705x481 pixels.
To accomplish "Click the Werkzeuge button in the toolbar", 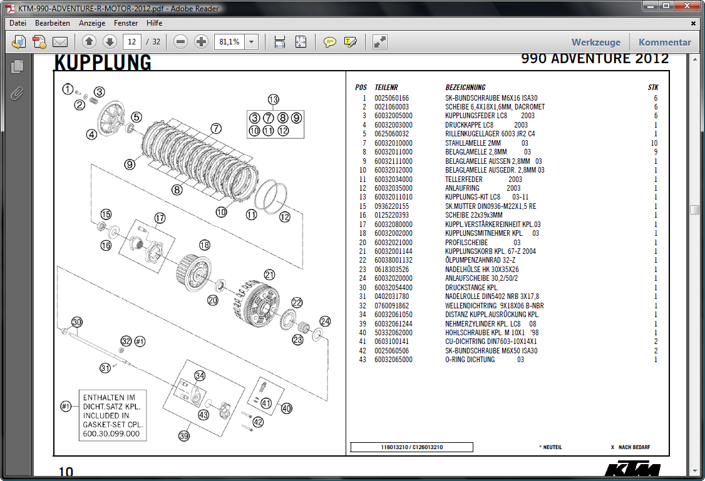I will pyautogui.click(x=595, y=43).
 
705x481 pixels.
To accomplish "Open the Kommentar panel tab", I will pyautogui.click(x=664, y=43).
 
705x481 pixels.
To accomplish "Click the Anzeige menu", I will pyautogui.click(x=92, y=23).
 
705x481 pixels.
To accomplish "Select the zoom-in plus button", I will pyautogui.click(x=201, y=42).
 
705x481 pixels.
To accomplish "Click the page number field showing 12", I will pyautogui.click(x=131, y=42).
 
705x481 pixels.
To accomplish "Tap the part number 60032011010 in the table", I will pyautogui.click(x=393, y=197).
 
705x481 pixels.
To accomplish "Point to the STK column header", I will pyautogui.click(x=653, y=88).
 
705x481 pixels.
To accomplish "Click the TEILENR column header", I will pyautogui.click(x=386, y=88).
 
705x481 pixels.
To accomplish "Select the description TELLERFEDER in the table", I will pyautogui.click(x=464, y=179).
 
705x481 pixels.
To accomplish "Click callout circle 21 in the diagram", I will pyautogui.click(x=270, y=275).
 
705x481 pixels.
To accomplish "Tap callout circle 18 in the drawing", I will pyautogui.click(x=205, y=245).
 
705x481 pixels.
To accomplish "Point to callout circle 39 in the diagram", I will pyautogui.click(x=184, y=435).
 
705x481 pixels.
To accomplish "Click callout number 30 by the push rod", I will pyautogui.click(x=76, y=322).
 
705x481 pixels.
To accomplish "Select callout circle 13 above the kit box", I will pyautogui.click(x=273, y=99).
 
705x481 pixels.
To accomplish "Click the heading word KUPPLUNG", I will pyautogui.click(x=103, y=63).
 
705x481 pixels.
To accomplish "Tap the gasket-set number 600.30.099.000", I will pyautogui.click(x=111, y=433).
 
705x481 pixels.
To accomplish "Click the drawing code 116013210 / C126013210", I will pyautogui.click(x=411, y=447).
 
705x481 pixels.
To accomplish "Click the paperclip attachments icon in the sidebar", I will pyautogui.click(x=17, y=94).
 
